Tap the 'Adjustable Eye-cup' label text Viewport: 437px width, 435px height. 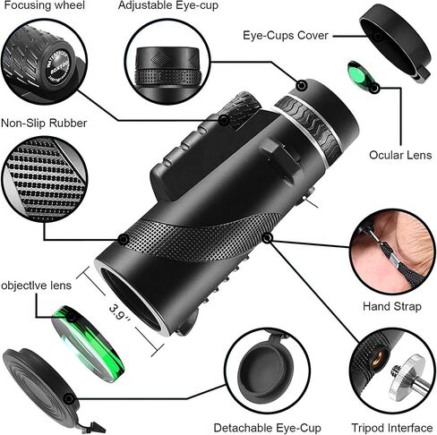[168, 5]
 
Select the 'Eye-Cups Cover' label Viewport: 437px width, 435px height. [286, 36]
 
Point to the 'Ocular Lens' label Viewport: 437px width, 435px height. [399, 155]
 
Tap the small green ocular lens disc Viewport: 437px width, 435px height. [359, 75]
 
